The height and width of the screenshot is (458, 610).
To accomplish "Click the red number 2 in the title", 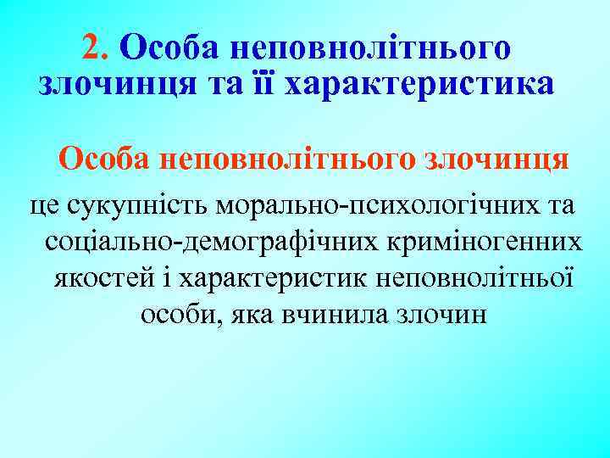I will click(x=92, y=47).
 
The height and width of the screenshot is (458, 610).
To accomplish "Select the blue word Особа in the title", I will click(x=164, y=47).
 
